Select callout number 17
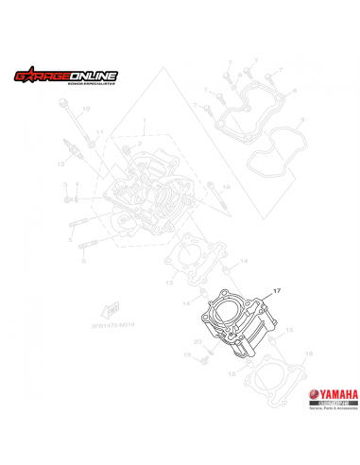click(x=277, y=292)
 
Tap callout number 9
click(x=301, y=119)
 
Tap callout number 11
click(x=99, y=132)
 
